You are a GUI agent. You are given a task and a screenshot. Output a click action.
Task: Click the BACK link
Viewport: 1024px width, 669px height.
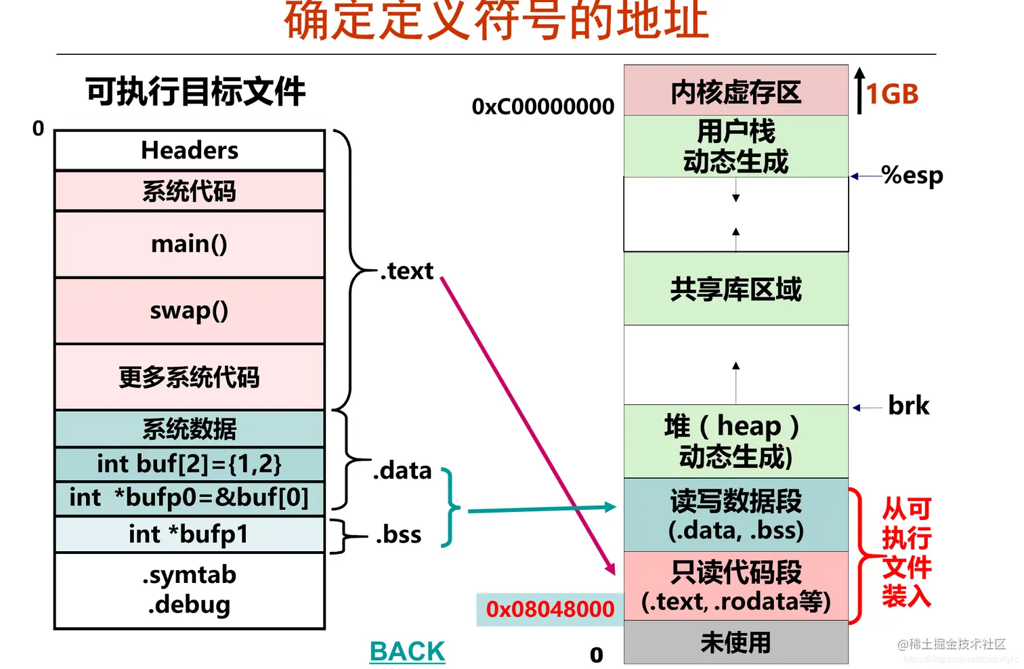click(x=407, y=651)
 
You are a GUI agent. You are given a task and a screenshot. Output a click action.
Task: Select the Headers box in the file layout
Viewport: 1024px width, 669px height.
click(x=190, y=150)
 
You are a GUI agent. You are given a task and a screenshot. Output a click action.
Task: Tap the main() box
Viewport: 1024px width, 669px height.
click(x=190, y=244)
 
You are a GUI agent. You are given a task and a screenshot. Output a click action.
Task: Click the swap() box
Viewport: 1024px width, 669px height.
click(x=190, y=311)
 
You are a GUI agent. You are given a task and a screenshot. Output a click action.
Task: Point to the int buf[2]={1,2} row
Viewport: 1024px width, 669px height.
click(x=190, y=464)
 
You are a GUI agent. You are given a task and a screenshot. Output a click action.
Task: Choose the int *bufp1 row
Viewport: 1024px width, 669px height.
click(x=190, y=534)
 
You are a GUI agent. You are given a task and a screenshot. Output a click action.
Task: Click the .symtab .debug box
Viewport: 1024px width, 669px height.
click(x=190, y=590)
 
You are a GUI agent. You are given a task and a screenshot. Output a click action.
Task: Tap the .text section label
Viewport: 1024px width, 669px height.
click(x=406, y=271)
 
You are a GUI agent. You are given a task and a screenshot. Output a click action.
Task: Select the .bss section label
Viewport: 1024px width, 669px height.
click(x=399, y=534)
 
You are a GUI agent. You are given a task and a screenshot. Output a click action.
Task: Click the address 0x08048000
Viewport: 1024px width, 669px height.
click(x=550, y=609)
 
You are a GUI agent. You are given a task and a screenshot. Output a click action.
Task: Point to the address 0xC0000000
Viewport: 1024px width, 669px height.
click(x=543, y=106)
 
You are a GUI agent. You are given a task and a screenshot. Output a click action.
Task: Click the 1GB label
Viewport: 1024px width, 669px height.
click(x=892, y=94)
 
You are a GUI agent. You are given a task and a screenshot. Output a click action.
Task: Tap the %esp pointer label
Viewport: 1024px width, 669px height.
click(x=912, y=175)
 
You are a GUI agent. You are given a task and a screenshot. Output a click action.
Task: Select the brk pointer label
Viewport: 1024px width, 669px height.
click(x=908, y=406)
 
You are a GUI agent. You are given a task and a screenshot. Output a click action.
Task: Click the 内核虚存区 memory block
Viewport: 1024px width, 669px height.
click(x=736, y=91)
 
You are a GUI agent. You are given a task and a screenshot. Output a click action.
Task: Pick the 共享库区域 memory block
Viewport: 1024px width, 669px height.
click(x=736, y=289)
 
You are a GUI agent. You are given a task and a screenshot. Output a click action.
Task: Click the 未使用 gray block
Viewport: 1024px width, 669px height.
click(x=736, y=642)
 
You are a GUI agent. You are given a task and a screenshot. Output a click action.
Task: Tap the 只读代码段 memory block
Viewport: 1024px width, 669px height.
click(x=736, y=586)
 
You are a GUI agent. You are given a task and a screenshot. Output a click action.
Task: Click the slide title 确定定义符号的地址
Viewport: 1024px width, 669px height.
click(x=496, y=22)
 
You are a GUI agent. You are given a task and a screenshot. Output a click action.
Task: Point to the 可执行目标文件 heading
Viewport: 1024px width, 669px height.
click(x=195, y=91)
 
